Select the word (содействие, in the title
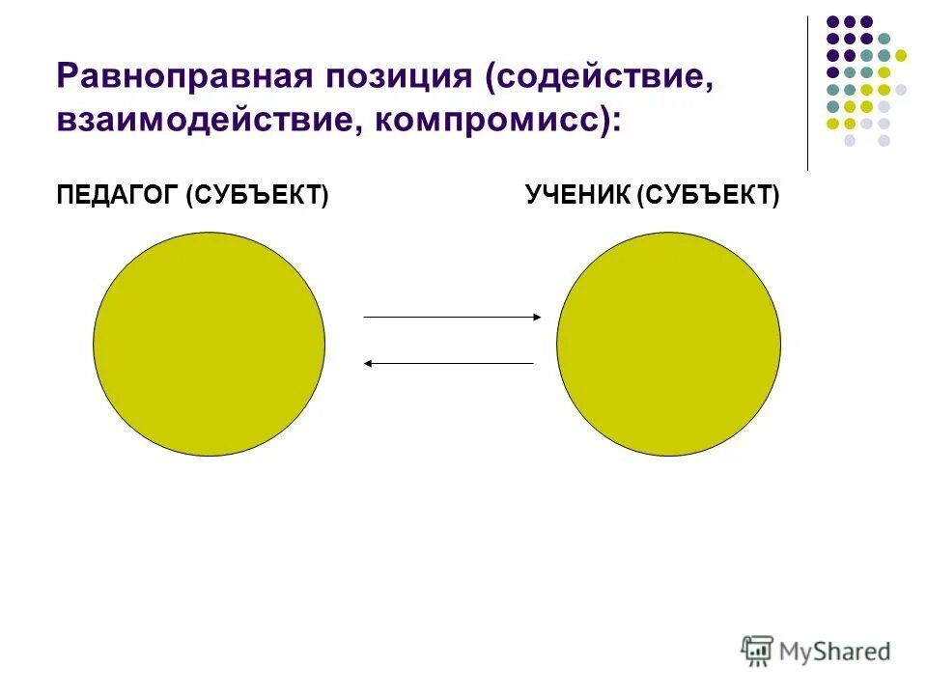tap(601, 76)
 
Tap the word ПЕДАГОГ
tap(118, 196)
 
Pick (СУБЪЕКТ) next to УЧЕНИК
tap(708, 196)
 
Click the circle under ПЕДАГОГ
tap(209, 344)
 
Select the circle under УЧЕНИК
tap(668, 344)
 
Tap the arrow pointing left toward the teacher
tap(449, 363)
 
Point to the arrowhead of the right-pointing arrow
tap(537, 317)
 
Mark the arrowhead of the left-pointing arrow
tap(369, 363)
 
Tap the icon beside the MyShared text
tap(758, 652)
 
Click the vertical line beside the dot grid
tap(808, 93)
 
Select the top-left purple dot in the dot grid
tap(832, 21)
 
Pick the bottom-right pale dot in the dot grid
tap(884, 140)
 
